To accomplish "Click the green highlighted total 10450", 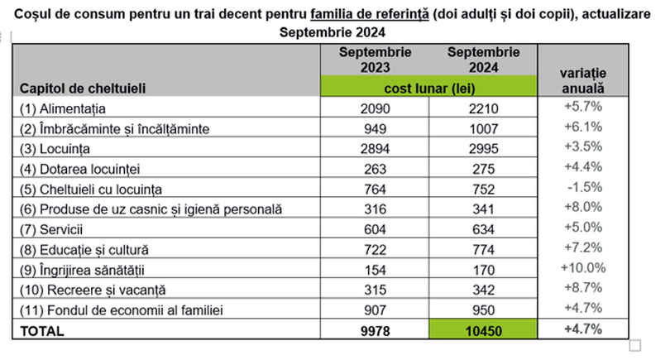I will tap(483, 330).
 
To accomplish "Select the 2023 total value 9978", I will tap(375, 330).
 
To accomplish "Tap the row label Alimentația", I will tap(65, 108).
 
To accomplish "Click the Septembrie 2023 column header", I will tap(375, 60).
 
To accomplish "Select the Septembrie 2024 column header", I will tap(483, 60).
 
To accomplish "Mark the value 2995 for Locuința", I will tap(483, 149).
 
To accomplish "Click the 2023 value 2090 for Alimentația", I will tap(375, 108).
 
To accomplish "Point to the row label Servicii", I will tap(52, 228).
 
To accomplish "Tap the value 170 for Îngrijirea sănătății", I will tap(483, 269).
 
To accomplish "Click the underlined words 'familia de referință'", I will tap(370, 16).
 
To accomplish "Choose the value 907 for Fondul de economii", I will tap(375, 310).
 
